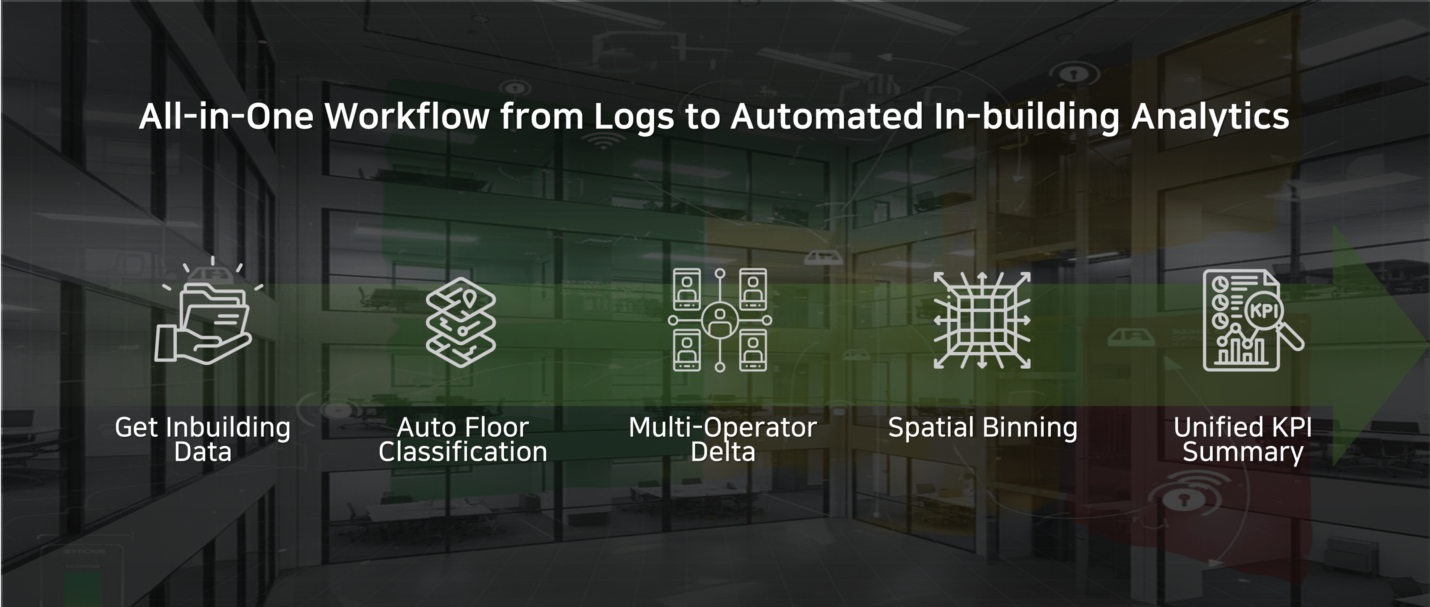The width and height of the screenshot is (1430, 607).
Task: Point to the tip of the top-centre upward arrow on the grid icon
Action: coord(982,273)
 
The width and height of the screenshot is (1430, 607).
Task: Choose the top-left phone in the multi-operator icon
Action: coord(687,289)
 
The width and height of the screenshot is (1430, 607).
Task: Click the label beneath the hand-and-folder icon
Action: coord(202,439)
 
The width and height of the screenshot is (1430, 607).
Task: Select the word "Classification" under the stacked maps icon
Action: coord(463,452)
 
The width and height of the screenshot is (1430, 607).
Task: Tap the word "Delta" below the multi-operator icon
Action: coord(723,452)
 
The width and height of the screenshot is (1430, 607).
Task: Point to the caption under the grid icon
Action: coord(983,428)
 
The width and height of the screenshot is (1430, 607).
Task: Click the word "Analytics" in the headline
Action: coord(1210,117)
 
